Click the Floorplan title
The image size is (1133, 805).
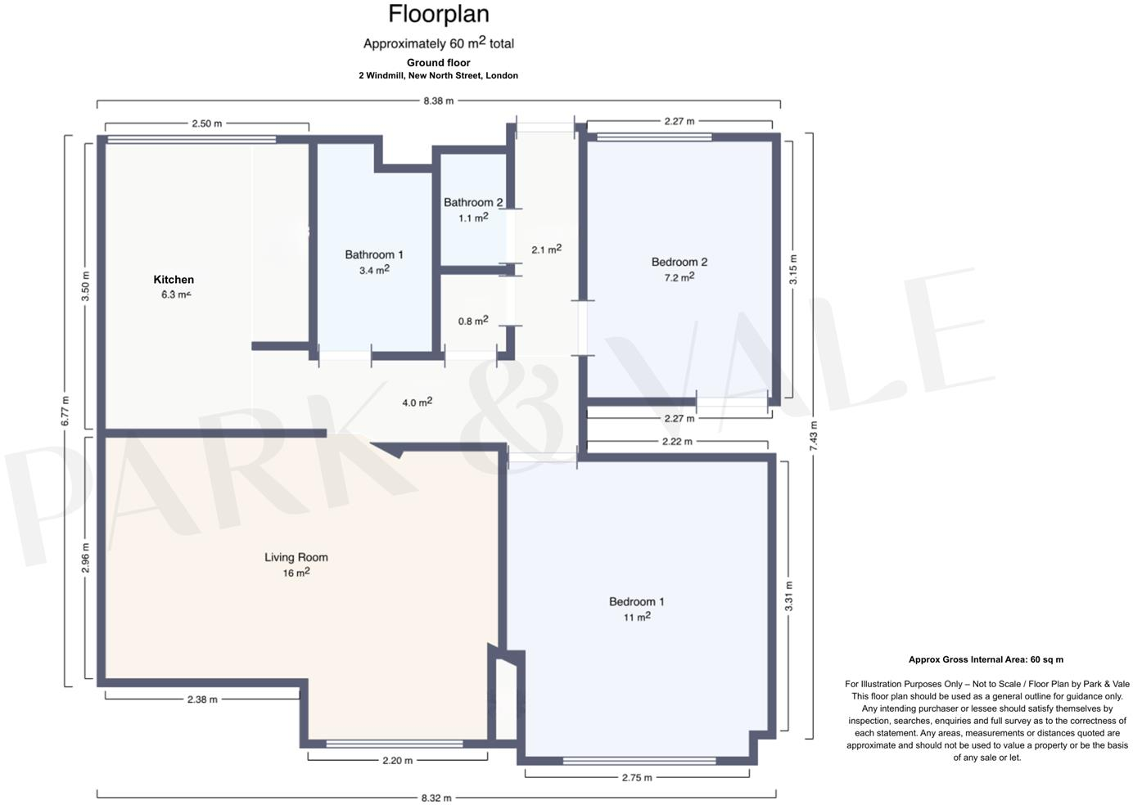tap(439, 14)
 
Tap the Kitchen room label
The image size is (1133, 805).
tap(174, 280)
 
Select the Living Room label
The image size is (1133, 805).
tap(296, 557)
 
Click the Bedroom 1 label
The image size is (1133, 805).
tap(636, 601)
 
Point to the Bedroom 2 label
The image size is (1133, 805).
tap(679, 262)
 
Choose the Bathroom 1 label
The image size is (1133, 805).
tap(374, 254)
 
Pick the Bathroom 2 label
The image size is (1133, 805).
tap(473, 202)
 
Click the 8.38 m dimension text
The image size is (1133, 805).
tap(439, 101)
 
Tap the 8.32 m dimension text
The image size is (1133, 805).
tap(436, 798)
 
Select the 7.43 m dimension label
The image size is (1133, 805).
tap(814, 435)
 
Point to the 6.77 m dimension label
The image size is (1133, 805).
tap(65, 411)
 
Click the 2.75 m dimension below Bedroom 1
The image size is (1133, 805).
tap(637, 777)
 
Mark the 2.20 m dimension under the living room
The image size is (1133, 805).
tap(398, 760)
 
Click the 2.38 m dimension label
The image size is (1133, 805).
tap(202, 699)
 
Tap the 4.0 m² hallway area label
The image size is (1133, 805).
tap(418, 402)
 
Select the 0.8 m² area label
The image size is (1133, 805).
tap(473, 320)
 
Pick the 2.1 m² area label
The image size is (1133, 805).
tap(546, 249)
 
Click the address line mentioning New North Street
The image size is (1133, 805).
tap(439, 75)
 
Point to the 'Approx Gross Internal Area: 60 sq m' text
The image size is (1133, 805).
tap(986, 659)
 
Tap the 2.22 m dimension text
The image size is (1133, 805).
tap(677, 441)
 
